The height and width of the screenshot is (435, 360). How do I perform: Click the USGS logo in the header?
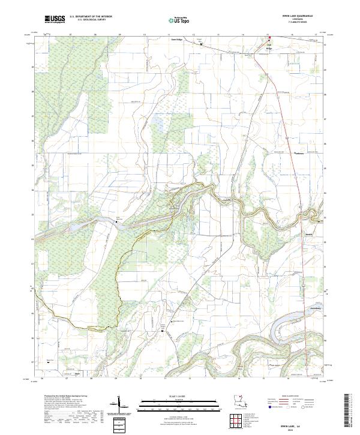pos(55,19)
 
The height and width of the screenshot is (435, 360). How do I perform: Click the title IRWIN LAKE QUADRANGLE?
pos(292,16)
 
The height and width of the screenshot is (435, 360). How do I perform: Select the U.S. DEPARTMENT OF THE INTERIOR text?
pos(91,17)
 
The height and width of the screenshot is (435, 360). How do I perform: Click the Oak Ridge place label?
pos(269,46)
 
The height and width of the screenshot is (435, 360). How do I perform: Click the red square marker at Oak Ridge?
pos(269,38)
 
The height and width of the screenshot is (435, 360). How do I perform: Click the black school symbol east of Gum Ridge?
pos(201,44)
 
